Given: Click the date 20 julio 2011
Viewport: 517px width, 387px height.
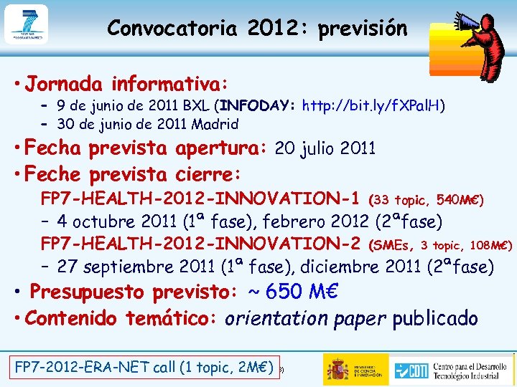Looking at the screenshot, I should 325,148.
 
